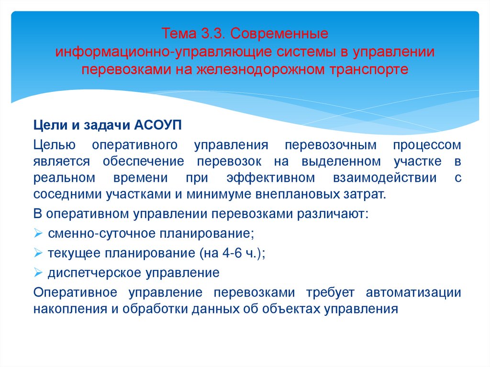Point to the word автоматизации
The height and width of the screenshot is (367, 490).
pos(413,292)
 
